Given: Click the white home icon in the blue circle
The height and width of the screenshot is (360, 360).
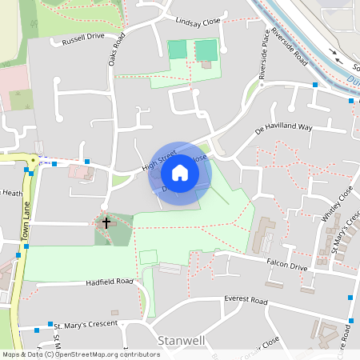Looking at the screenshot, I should pos(180,172).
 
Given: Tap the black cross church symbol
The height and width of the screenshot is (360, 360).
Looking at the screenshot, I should pos(106,222).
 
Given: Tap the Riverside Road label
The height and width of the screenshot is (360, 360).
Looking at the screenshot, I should pos(289,48).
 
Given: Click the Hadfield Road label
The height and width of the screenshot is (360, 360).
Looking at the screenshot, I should pos(110,282).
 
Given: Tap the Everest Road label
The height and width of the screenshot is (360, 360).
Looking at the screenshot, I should pos(246,299).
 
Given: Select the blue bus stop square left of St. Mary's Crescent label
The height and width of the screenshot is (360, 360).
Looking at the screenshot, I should pos(38,328).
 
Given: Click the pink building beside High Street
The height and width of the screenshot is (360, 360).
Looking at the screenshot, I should pos(80,171).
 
